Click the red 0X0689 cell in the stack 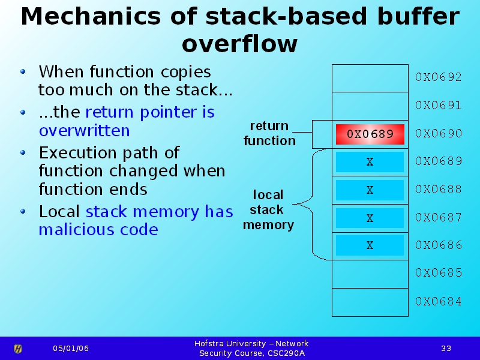pyautogui.click(x=370, y=134)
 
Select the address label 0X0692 pyautogui.click(x=439, y=77)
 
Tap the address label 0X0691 pyautogui.click(x=439, y=106)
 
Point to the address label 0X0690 pyautogui.click(x=439, y=134)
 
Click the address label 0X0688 pyautogui.click(x=439, y=190)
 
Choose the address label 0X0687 pyautogui.click(x=439, y=218)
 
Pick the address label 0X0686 pyautogui.click(x=439, y=245)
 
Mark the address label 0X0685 pyautogui.click(x=439, y=273)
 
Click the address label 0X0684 pyautogui.click(x=439, y=302)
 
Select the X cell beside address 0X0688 pyautogui.click(x=370, y=190)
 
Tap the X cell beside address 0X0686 pyautogui.click(x=370, y=245)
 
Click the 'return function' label pyautogui.click(x=269, y=133)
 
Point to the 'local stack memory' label pyautogui.click(x=268, y=210)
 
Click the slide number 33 pyautogui.click(x=446, y=349)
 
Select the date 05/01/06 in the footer pyautogui.click(x=70, y=349)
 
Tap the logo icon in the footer pyautogui.click(x=18, y=349)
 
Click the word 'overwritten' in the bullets pyautogui.click(x=84, y=131)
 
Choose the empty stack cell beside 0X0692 pyautogui.click(x=370, y=77)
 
